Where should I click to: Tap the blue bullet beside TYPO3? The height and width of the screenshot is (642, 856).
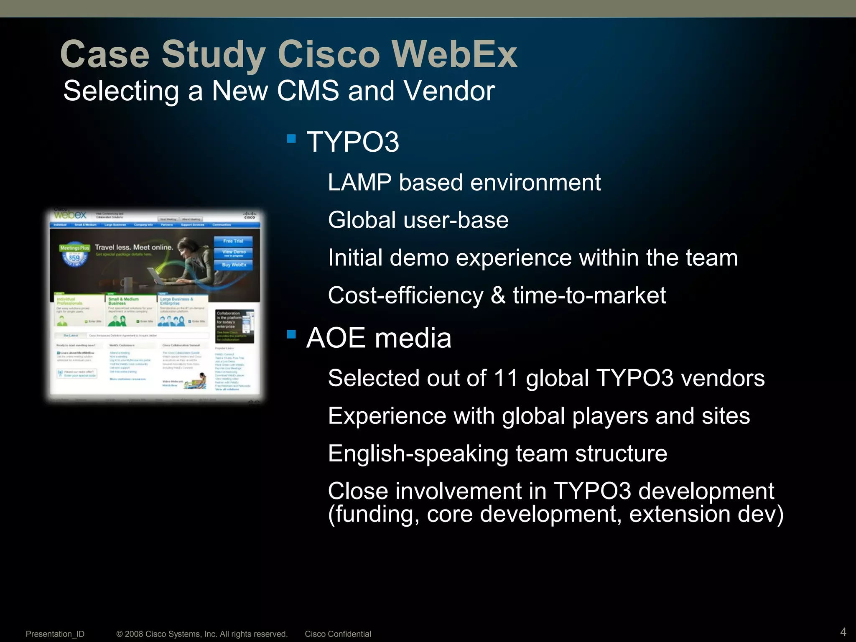[x=291, y=138]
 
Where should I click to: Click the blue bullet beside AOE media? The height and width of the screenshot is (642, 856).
[x=291, y=334]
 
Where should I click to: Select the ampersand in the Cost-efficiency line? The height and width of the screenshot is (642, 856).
[x=498, y=296]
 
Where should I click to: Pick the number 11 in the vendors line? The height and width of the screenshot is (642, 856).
[x=505, y=378]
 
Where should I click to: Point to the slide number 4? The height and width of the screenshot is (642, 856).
[x=843, y=632]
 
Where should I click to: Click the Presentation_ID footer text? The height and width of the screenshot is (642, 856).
[x=55, y=634]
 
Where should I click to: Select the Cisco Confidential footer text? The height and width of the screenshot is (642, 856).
[x=338, y=634]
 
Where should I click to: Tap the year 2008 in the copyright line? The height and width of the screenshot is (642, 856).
[x=134, y=634]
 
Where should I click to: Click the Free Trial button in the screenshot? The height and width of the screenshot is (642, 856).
[x=233, y=241]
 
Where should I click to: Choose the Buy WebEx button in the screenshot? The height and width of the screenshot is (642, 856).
[x=234, y=265]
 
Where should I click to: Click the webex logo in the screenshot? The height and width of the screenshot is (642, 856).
[x=70, y=215]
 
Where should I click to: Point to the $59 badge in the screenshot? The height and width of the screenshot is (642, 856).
[x=74, y=258]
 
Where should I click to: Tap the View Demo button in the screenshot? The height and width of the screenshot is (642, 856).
[x=234, y=252]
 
